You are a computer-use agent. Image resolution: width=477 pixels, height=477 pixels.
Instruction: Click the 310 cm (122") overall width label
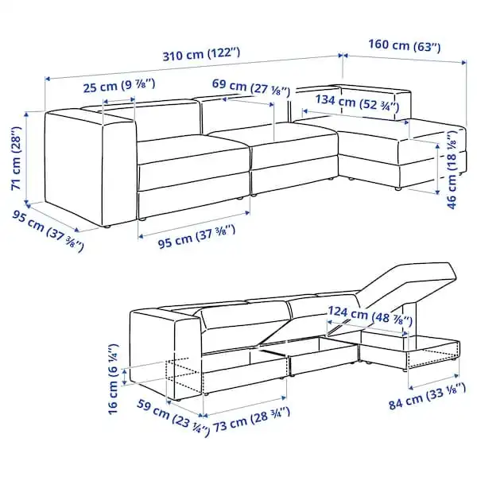tap(201, 54)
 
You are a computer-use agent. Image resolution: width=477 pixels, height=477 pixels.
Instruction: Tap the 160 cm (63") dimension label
tap(405, 45)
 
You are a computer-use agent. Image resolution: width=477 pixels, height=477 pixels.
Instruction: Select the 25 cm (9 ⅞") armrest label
tap(119, 86)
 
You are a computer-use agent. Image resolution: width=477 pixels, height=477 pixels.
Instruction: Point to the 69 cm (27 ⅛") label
tap(251, 87)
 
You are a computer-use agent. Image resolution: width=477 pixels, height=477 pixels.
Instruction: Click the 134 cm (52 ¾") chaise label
tap(356, 103)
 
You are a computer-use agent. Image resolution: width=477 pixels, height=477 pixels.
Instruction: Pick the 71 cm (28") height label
tap(17, 158)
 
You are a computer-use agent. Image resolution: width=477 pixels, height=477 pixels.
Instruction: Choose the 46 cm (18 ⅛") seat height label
tap(452, 169)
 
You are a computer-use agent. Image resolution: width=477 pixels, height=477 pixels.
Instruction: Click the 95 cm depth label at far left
tap(48, 231)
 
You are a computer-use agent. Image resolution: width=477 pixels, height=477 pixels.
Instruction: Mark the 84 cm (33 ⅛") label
tap(427, 397)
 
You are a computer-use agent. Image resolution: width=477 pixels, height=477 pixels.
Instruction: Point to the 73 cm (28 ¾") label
tap(251, 420)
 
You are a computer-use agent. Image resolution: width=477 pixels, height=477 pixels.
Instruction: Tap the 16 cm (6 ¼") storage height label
tap(113, 378)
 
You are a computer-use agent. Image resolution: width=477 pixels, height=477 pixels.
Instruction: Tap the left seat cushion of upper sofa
tap(193, 149)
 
